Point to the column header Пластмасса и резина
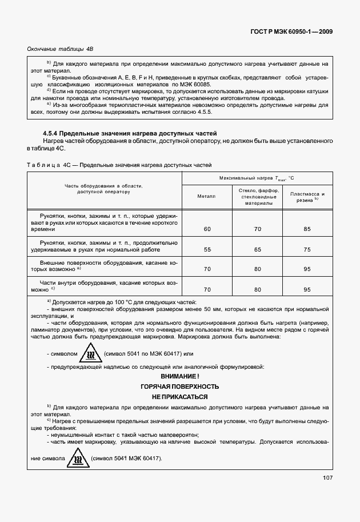[307, 197]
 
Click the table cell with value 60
[206, 229]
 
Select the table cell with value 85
[307, 229]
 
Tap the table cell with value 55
[206, 249]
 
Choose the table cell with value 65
[257, 249]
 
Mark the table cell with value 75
[307, 249]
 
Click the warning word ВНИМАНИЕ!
[180, 376]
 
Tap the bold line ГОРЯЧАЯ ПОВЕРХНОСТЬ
[180, 386]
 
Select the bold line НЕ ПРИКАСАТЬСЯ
[180, 397]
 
